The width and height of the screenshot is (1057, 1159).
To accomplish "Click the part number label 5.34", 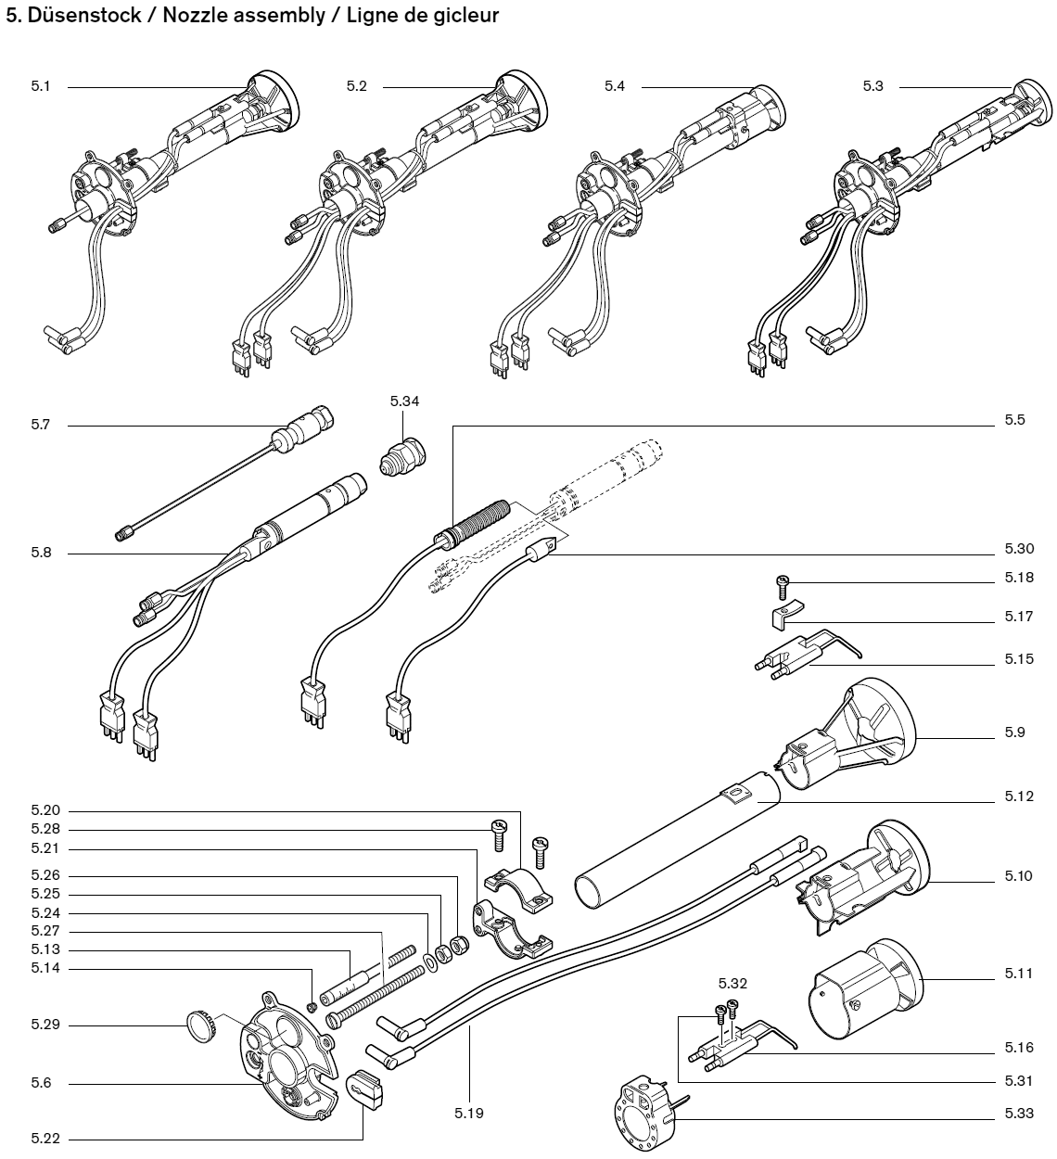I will (404, 401).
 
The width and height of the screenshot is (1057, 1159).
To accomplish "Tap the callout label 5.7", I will (41, 426).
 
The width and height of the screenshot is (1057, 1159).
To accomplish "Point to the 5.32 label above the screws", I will (732, 983).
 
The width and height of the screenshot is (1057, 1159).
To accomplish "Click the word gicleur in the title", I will (468, 17).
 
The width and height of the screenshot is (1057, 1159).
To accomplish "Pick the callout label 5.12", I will (1014, 797).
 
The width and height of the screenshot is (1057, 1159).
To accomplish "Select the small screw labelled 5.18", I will (782, 583).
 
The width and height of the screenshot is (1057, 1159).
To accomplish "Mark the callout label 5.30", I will (1014, 548).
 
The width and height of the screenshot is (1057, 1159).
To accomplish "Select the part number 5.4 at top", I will (615, 86).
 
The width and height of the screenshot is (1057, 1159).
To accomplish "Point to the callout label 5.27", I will (45, 931).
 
